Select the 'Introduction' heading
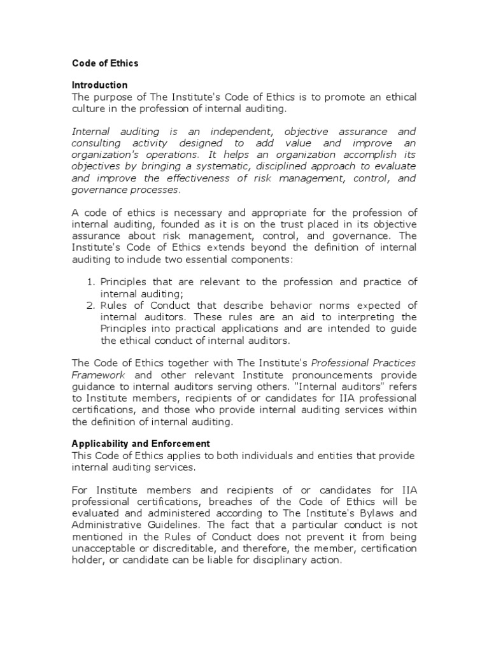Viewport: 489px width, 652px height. (x=99, y=85)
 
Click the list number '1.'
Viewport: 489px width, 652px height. (x=90, y=282)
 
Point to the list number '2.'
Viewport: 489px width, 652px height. (x=90, y=306)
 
